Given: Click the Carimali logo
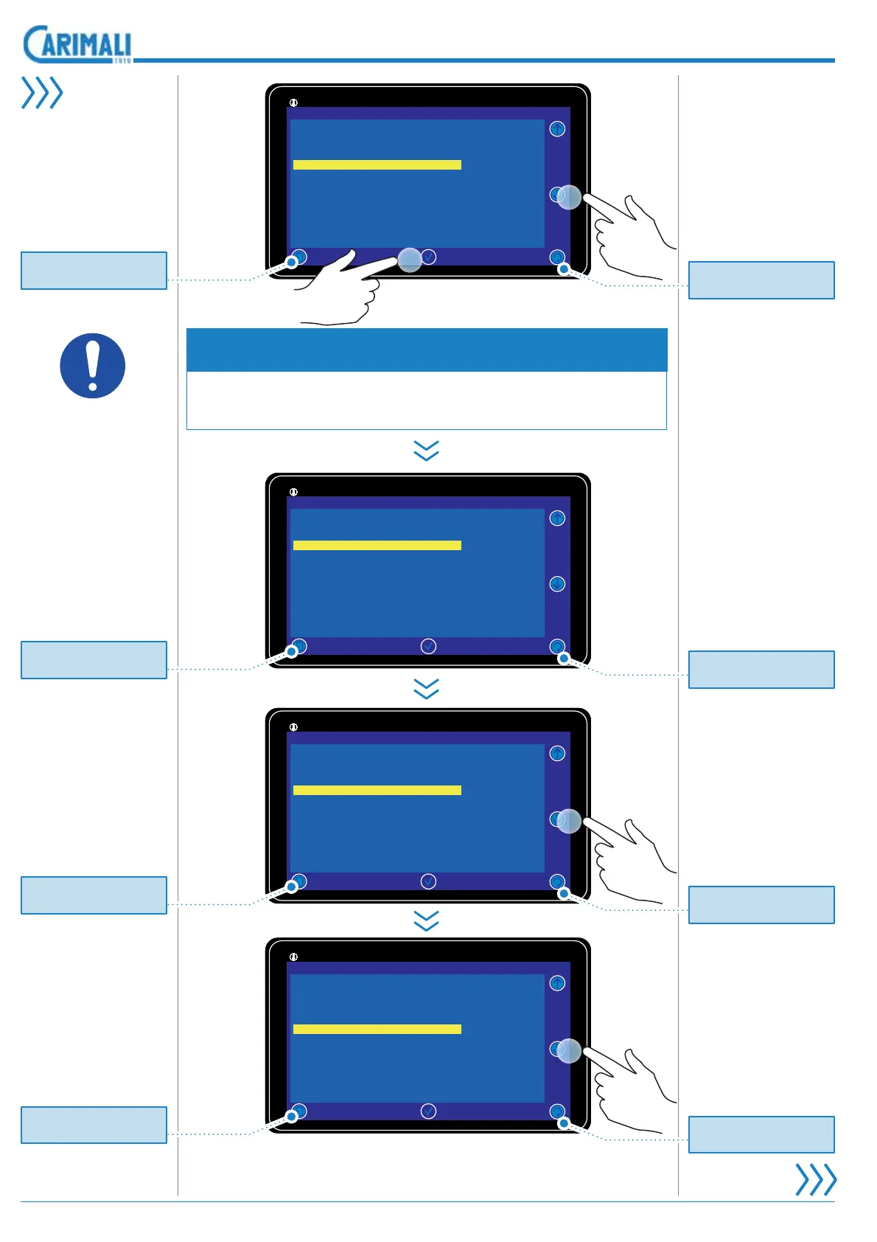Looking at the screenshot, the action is point(77,45).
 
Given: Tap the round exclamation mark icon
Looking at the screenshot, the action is point(92,366).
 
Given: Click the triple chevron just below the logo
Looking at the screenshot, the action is point(42,93).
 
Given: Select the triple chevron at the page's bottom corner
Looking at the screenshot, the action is point(816,1179).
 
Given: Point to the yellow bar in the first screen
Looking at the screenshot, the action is point(377,164).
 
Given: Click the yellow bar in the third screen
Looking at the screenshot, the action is point(377,790).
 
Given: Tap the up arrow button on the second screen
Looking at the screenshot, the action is point(557,518).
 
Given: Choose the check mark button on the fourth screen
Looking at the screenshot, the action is point(428,1111).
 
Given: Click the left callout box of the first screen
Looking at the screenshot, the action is point(94,271).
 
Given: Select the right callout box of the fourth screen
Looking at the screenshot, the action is point(761,1134).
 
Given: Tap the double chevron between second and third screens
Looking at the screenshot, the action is point(427,689).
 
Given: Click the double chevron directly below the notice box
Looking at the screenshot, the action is point(427,451).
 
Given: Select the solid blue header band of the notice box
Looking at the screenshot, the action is point(427,350).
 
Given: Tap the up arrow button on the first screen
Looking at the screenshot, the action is point(557,129).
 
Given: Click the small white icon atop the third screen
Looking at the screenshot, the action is point(293,727).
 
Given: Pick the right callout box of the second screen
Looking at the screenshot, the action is point(761,670).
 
